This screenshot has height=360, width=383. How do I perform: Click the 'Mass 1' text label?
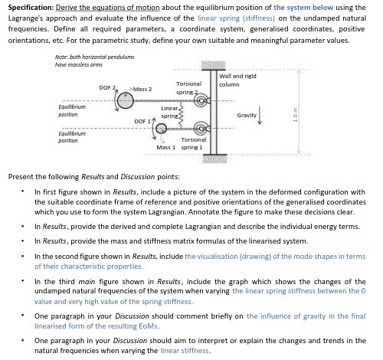166,146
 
